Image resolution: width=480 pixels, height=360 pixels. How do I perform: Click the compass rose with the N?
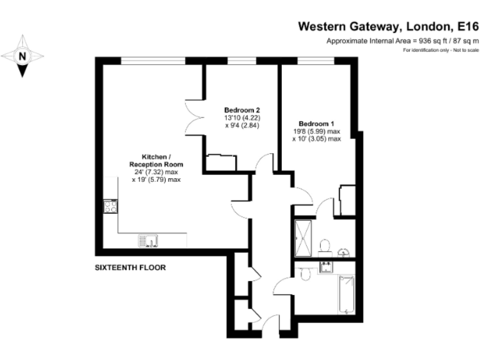tap(22, 56)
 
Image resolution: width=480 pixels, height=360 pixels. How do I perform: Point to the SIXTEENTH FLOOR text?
tap(130, 267)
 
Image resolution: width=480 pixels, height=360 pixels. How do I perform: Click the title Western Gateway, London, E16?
tap(387, 26)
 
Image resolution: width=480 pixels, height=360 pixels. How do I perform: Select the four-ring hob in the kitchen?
tap(111, 207)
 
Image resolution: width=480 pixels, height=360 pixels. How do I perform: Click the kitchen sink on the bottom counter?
tap(149, 240)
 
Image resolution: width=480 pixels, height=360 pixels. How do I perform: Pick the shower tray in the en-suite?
tap(304, 237)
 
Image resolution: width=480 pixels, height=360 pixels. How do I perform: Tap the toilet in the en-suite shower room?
tap(324, 244)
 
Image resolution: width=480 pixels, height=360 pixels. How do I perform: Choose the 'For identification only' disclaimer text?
tap(441, 49)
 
